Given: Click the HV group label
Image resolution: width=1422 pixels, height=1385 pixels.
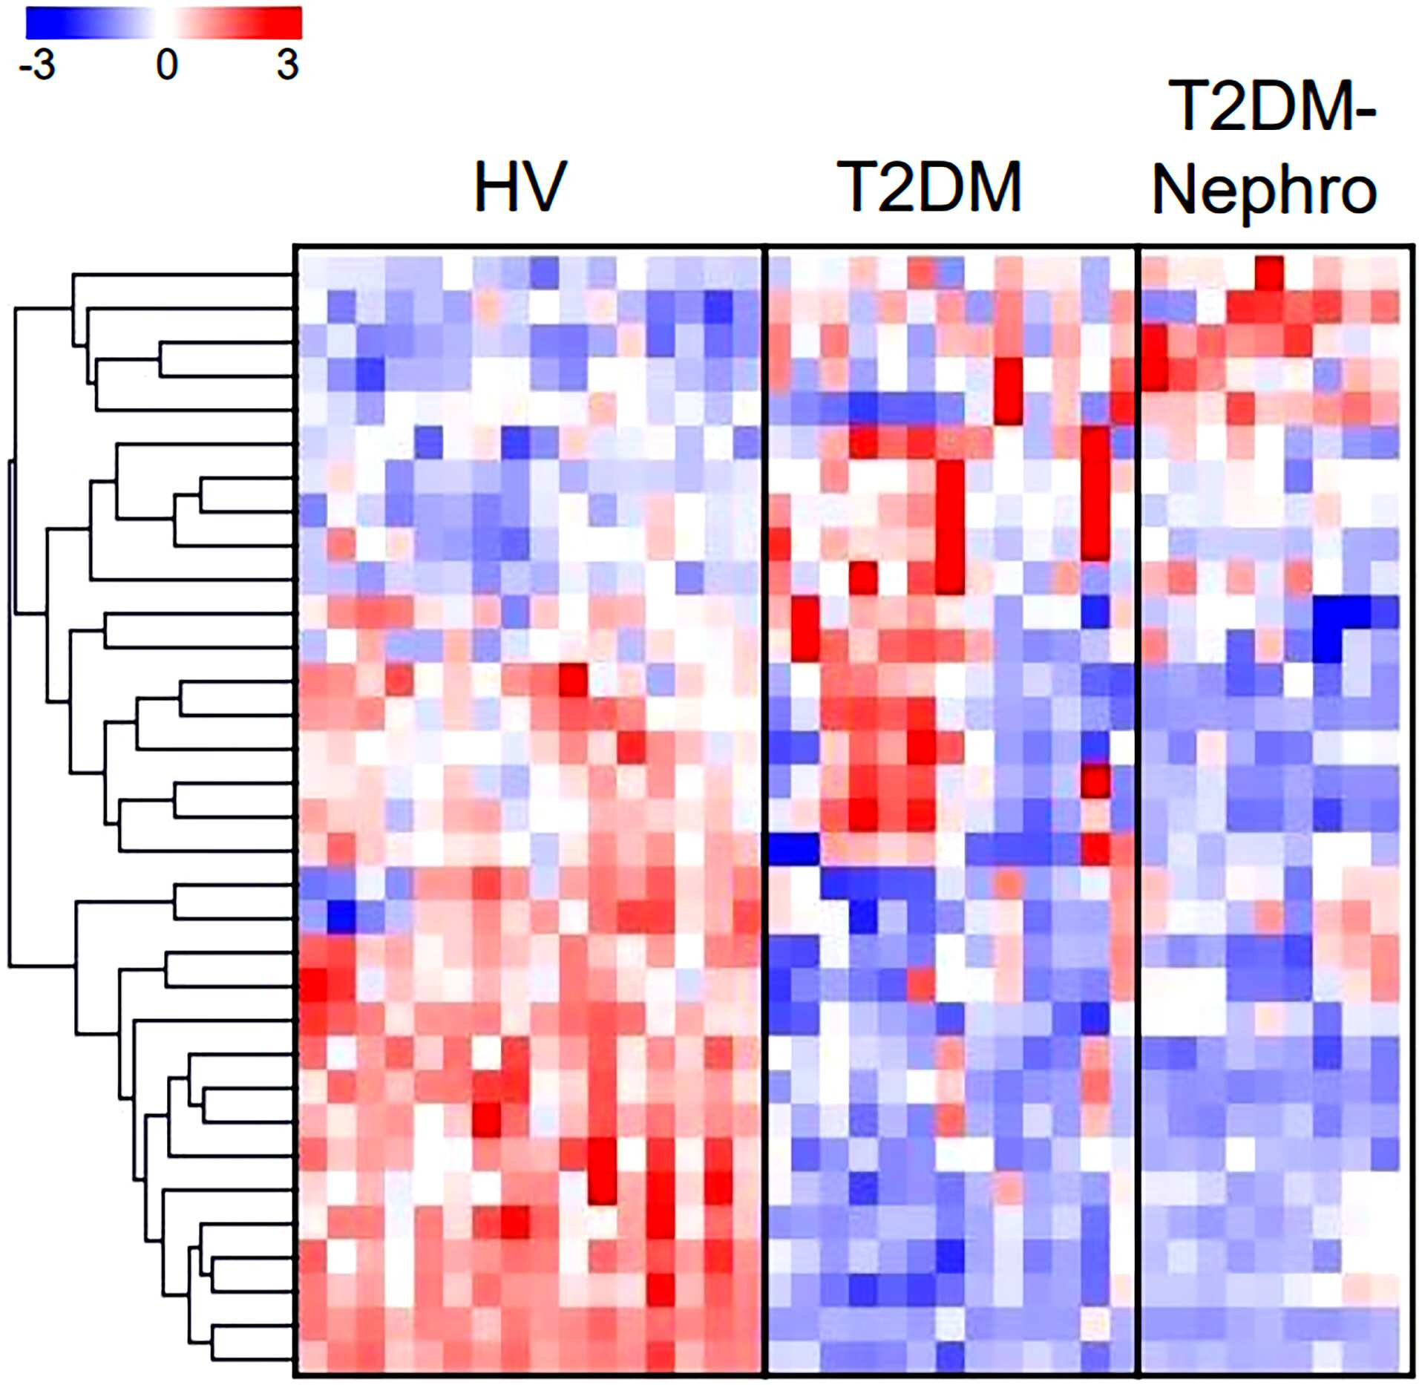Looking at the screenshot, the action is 520,186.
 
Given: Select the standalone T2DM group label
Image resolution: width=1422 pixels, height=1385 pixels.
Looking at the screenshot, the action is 930,186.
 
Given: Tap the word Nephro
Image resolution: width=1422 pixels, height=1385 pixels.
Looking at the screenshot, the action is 1265,191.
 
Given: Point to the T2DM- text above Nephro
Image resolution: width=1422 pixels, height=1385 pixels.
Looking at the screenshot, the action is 1272,107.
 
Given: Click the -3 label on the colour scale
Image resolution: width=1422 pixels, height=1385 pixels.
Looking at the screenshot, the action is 37,65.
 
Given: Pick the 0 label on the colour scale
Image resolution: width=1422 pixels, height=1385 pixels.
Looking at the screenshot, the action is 167,65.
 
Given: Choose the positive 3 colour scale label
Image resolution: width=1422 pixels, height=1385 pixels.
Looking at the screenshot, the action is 288,65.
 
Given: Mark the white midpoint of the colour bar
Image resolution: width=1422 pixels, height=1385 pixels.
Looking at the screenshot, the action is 164,23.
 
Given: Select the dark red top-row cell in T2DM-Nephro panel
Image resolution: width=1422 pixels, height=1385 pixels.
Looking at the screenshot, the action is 1269,273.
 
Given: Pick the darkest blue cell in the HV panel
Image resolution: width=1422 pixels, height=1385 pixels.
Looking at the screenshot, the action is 342,916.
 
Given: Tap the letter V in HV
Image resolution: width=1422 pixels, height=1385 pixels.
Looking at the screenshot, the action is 545,186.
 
